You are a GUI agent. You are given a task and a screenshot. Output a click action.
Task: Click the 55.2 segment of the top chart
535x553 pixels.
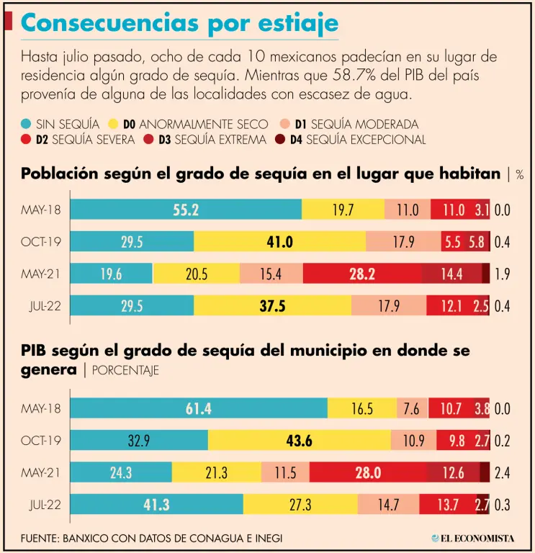pos(186,210)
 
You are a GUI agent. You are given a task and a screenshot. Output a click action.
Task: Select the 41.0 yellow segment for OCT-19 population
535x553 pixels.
pos(279,242)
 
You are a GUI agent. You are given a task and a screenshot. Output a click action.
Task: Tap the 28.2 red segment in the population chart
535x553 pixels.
pos(361,274)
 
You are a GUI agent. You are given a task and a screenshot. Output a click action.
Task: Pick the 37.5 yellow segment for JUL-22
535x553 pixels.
pos(272,306)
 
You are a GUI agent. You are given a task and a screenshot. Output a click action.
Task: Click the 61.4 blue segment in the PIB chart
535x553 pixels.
pos(198,409)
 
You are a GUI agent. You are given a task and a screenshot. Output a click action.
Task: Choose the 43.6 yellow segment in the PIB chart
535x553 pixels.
pos(299,441)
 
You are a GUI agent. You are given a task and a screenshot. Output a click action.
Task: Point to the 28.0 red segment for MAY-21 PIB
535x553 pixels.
pos(367,472)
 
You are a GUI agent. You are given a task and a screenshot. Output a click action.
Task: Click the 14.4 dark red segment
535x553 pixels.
pos(451,274)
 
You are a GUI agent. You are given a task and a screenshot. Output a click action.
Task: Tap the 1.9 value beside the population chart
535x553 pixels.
pos(503,274)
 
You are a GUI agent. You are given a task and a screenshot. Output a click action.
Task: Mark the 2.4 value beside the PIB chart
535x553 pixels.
pos(503,472)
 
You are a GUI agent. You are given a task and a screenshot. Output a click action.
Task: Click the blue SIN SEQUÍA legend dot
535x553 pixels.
pos(26,124)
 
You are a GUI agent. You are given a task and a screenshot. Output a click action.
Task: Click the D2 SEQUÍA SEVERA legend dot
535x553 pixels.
pos(26,140)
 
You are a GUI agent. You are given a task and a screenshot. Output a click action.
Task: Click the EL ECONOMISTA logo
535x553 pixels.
pos(473,538)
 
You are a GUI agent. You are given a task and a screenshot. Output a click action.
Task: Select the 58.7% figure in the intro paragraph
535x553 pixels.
pos(354,76)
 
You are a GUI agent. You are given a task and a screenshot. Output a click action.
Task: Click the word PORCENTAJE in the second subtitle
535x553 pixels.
pos(126,371)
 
